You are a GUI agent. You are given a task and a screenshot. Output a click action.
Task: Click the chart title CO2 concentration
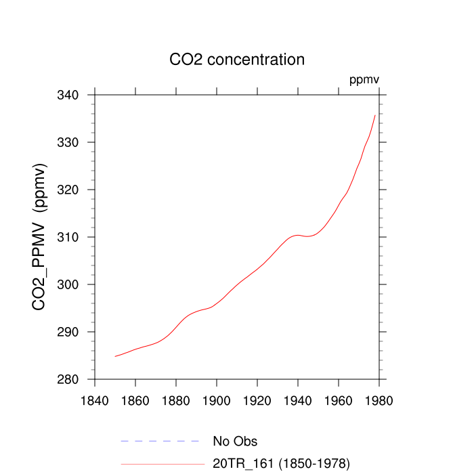click(237, 60)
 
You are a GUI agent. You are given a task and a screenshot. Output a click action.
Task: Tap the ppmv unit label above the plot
click(364, 80)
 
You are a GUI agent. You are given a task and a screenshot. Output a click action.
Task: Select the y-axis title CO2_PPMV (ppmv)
click(40, 237)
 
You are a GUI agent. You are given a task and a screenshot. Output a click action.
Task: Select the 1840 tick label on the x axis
click(95, 400)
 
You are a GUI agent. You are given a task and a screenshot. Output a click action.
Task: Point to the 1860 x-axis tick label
click(135, 400)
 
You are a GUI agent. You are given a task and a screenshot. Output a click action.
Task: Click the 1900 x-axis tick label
click(217, 400)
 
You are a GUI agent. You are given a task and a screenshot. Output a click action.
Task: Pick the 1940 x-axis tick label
click(298, 400)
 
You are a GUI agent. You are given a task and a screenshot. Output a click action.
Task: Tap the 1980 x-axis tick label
click(379, 400)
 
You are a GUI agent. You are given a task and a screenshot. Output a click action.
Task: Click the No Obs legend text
click(235, 441)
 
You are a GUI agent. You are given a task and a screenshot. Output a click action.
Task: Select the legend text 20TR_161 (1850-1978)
click(281, 464)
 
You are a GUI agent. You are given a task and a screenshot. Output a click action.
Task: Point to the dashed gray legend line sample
click(162, 441)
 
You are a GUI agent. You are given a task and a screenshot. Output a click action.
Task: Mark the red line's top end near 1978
click(375, 115)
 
